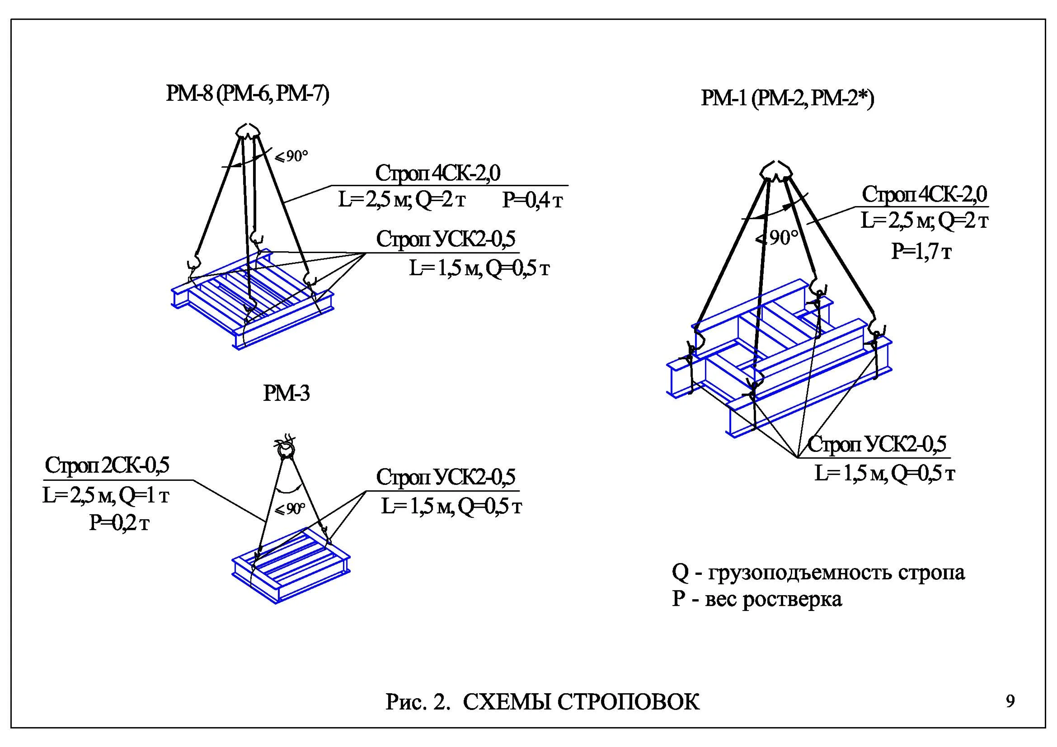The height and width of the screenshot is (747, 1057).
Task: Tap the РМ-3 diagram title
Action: coord(287,394)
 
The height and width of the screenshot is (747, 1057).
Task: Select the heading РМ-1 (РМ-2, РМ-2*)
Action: coord(787,99)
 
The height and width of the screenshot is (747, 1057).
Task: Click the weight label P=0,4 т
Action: coord(533,200)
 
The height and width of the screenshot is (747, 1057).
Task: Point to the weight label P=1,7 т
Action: coord(921,251)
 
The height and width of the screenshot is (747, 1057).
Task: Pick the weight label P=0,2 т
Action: coord(119,523)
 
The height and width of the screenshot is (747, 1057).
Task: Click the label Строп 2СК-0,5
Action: coord(107,465)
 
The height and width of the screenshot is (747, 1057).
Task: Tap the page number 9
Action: coord(1010,701)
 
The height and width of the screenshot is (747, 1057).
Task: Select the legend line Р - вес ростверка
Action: coord(757,599)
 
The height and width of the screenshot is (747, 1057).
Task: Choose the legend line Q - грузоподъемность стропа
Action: coord(817,572)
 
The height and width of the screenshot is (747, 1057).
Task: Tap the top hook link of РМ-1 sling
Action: coord(776,171)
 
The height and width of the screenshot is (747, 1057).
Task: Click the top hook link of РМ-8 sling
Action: coord(248,131)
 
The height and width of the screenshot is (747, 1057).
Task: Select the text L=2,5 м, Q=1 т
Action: coord(106,496)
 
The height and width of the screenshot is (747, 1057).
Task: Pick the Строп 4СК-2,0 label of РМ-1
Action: coord(925,194)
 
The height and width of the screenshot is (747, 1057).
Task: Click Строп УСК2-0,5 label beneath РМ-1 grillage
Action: coord(877,444)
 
